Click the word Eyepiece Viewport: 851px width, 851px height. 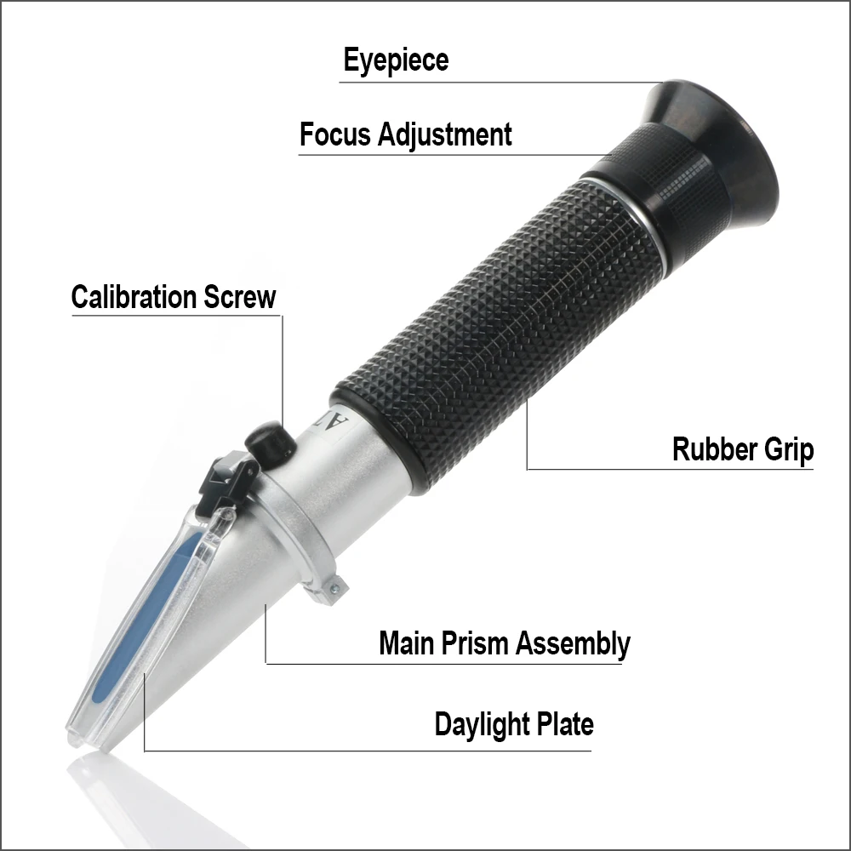[x=396, y=61]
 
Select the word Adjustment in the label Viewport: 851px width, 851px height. [x=444, y=135]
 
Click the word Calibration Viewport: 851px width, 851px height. [x=134, y=297]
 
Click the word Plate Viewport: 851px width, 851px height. [x=565, y=724]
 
